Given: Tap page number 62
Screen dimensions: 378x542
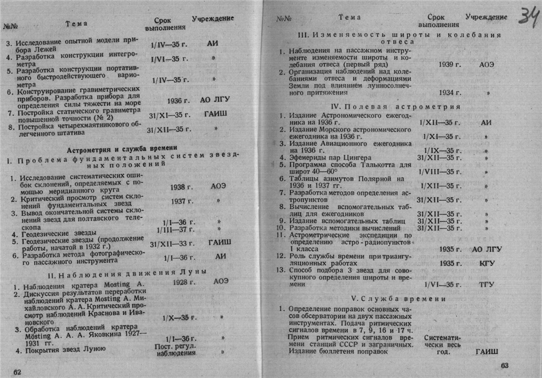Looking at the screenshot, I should point(17,371).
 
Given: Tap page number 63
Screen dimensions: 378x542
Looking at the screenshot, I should point(504,366).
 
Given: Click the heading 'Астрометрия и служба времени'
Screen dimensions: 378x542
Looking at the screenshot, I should point(122,147).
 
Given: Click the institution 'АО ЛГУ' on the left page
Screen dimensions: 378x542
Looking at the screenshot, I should point(215,99).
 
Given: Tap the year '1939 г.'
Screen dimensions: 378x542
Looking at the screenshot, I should point(450,64).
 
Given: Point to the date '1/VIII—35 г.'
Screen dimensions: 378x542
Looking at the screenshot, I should point(439,172).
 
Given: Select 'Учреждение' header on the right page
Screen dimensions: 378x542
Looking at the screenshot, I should point(486,17).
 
